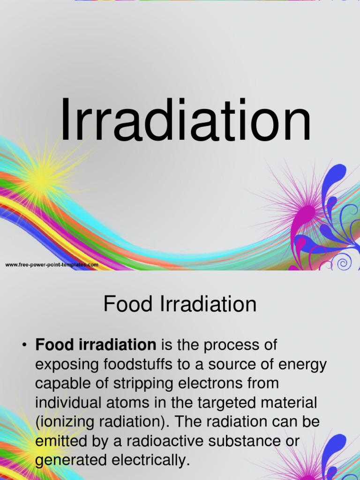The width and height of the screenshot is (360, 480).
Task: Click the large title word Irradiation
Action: [185, 120]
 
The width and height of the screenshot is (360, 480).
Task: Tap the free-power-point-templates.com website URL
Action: [52, 265]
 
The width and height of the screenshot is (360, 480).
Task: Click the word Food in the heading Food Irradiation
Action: [122, 305]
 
